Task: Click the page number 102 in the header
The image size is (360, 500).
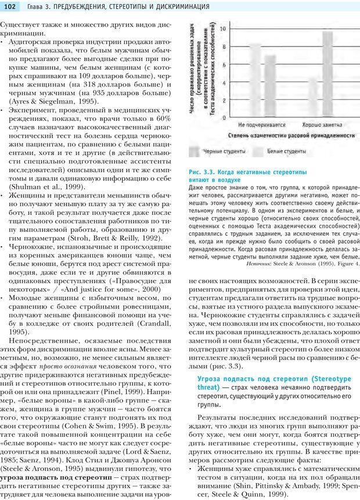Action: pyautogui.click(x=12, y=6)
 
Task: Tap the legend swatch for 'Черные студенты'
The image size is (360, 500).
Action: pyautogui.click(x=195, y=152)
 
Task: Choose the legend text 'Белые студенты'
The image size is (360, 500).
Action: pyautogui.click(x=286, y=152)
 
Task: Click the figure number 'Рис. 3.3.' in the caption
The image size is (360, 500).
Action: pyautogui.click(x=201, y=172)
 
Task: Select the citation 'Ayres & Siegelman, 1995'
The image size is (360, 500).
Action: pyautogui.click(x=38, y=101)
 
